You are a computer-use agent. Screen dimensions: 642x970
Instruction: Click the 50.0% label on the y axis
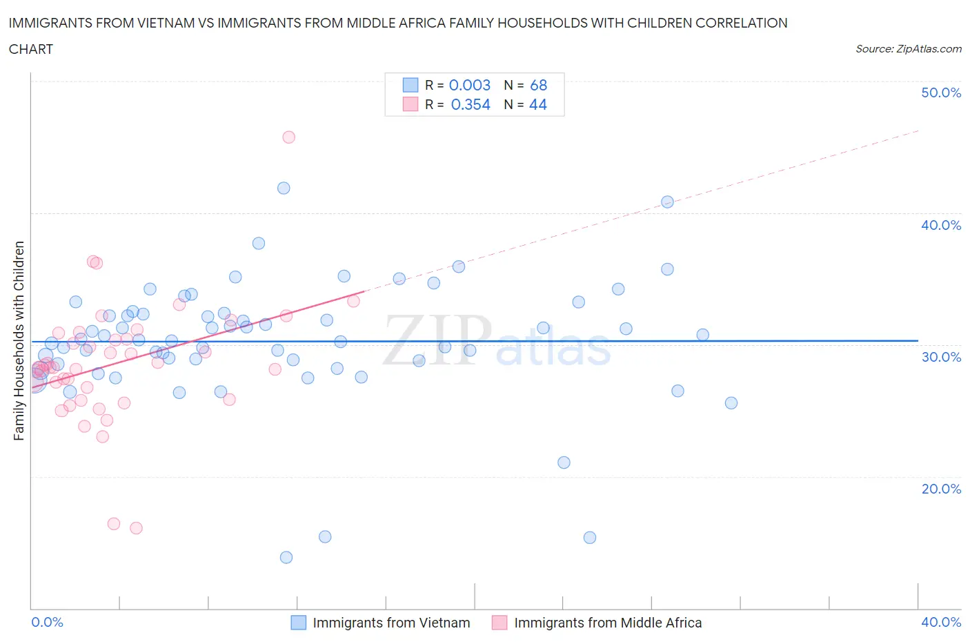point(940,93)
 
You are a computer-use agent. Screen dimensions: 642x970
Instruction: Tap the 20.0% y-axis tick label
point(940,489)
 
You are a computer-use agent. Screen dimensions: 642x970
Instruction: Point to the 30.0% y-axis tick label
point(940,357)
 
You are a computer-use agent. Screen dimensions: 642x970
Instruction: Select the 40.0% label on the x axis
point(940,622)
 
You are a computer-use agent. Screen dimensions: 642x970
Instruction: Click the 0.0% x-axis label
point(48,622)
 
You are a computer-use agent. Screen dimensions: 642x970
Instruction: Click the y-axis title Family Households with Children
point(19,340)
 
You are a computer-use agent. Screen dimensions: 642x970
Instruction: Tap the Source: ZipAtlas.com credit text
point(908,49)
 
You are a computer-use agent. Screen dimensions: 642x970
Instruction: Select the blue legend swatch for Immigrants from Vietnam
point(298,623)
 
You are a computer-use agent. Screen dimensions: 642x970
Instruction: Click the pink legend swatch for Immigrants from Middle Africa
point(499,623)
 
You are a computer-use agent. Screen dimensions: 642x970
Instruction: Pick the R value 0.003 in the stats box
point(470,85)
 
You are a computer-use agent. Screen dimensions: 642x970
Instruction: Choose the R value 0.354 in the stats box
point(471,104)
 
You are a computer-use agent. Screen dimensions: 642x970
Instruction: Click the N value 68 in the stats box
point(538,85)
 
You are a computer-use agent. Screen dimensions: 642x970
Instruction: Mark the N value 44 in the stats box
point(537,104)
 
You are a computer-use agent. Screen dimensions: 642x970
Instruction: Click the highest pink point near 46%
point(289,137)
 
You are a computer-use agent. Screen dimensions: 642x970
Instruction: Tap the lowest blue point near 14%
point(286,557)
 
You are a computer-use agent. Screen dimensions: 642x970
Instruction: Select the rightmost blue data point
point(731,403)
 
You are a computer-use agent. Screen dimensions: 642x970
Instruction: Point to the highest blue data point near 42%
point(284,188)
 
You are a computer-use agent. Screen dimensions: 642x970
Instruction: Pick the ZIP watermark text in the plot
point(437,340)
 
